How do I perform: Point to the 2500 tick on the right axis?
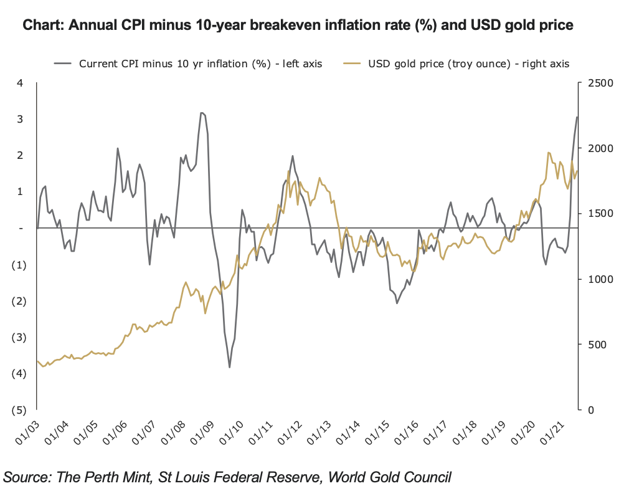tap(597, 83)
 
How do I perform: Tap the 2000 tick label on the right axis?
tap(597, 148)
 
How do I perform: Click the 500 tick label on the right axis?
tap(593, 344)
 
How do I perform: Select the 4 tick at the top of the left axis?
tap(20, 83)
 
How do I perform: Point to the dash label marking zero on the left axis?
tap(21, 229)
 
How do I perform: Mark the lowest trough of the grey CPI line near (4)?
tap(229, 367)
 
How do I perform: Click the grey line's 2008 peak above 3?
tap(201, 113)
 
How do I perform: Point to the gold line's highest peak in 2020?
tap(548, 153)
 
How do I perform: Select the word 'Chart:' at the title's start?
tap(44, 26)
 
